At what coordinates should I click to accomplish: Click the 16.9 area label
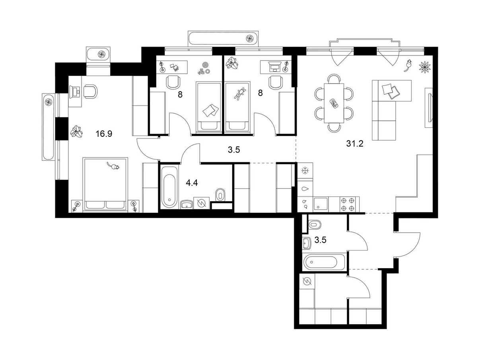tap(104, 133)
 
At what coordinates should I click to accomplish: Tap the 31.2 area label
tap(355, 144)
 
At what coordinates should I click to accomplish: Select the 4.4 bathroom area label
tap(192, 183)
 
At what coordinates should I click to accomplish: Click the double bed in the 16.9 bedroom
tap(105, 184)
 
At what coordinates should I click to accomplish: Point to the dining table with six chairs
tap(334, 103)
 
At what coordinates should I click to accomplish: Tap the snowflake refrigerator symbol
tap(305, 171)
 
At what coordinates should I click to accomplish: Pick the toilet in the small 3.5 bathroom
tap(314, 224)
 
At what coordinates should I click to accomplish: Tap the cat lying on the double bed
tap(113, 166)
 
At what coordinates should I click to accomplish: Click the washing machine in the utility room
tap(307, 282)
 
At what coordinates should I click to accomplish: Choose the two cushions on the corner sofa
tap(390, 91)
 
